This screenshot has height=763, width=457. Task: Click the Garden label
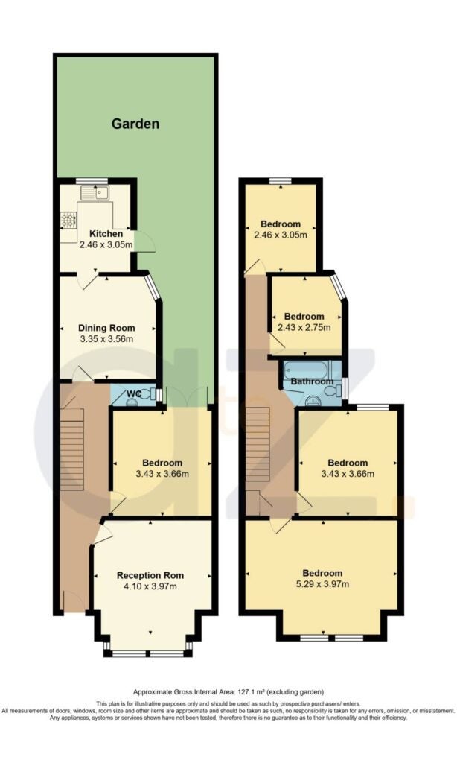tap(135, 124)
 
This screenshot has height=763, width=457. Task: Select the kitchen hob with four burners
tap(68, 221)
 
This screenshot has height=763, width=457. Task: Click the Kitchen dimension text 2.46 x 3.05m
tap(106, 244)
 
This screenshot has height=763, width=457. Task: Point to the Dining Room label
tap(106, 328)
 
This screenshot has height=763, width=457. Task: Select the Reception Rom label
tap(150, 576)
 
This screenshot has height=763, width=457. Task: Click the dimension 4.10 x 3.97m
tap(150, 586)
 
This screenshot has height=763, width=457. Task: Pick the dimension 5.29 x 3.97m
tap(322, 584)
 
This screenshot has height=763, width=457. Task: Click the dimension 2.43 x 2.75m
tap(304, 328)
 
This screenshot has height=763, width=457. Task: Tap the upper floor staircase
tap(258, 444)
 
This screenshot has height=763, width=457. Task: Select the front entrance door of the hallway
tap(74, 600)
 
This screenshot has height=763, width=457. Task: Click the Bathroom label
tap(312, 381)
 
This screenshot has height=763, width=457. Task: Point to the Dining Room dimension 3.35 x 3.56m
tap(106, 339)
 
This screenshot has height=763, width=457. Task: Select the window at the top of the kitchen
tap(92, 182)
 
